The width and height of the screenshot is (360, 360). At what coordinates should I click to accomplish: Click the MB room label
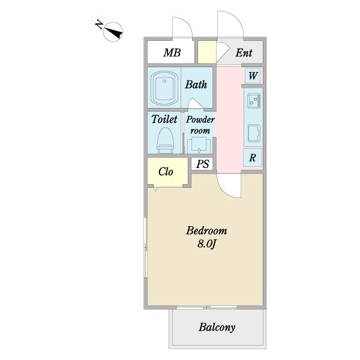[x=172, y=53]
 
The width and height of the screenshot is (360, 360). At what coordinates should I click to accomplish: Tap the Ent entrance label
[x=244, y=53]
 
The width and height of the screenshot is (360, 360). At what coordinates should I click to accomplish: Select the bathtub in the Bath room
[x=164, y=88]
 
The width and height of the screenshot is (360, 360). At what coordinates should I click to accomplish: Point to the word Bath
[x=196, y=85]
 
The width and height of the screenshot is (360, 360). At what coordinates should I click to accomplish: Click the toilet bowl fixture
[x=166, y=140]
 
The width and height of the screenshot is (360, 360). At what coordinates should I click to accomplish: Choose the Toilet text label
[x=164, y=119]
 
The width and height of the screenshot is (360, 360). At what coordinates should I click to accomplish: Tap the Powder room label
[x=200, y=125]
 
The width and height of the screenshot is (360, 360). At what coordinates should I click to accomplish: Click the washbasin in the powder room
[x=199, y=145]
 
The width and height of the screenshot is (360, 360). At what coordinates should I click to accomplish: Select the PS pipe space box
[x=202, y=164]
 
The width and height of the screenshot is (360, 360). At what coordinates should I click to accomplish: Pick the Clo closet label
[x=166, y=172]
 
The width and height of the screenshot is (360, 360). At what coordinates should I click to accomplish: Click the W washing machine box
[x=253, y=76]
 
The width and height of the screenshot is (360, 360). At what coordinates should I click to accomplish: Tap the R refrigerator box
[x=253, y=157]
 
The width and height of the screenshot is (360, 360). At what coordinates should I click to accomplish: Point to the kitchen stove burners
[x=254, y=101]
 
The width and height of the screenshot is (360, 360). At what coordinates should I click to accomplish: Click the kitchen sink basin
[x=254, y=133]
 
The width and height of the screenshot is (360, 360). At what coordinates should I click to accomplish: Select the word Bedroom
[x=206, y=231]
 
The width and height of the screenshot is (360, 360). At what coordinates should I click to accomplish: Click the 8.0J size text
[x=206, y=244]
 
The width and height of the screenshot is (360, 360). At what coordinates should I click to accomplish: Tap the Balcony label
[x=217, y=328]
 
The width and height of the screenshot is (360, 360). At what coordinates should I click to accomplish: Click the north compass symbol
[x=113, y=32]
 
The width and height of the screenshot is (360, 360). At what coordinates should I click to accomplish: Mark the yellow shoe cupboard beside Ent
[x=207, y=52]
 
